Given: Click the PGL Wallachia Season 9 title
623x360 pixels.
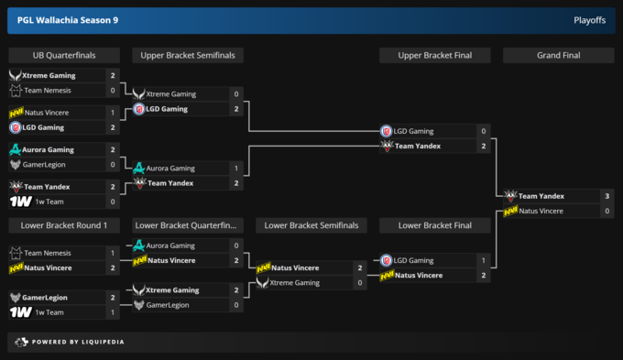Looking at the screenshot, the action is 68,20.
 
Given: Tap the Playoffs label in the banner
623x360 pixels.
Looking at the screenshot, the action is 590,20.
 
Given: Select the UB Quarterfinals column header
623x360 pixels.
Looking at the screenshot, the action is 64,55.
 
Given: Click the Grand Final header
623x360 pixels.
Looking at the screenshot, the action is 558,55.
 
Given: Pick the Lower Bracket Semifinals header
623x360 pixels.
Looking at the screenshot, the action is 311,225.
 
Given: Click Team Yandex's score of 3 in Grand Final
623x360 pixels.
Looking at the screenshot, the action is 607,196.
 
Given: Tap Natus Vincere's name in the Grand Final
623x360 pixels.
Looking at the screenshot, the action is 541,211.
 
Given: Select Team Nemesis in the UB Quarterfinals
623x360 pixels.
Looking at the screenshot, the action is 48,91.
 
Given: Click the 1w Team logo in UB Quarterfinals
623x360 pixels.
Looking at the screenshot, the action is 21,202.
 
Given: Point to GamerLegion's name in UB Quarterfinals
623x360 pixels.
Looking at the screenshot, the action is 44,165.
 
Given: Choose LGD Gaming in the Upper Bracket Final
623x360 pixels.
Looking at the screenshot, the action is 413,131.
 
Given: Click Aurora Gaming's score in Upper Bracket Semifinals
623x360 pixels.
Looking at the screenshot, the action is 236,168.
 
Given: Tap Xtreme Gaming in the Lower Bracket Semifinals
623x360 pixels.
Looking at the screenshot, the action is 294,283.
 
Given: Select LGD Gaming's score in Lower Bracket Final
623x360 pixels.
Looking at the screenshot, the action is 483,260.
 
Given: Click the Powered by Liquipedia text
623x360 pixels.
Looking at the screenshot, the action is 78,342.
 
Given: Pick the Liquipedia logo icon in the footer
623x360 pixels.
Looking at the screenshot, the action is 21,342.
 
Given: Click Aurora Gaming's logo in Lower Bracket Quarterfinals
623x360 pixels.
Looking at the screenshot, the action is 138,245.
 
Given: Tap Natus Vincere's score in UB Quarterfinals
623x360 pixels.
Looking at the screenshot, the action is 113,113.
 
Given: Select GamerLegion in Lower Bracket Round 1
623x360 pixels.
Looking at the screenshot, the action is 45,298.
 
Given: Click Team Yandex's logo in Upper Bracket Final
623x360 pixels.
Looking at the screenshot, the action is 387,146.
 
